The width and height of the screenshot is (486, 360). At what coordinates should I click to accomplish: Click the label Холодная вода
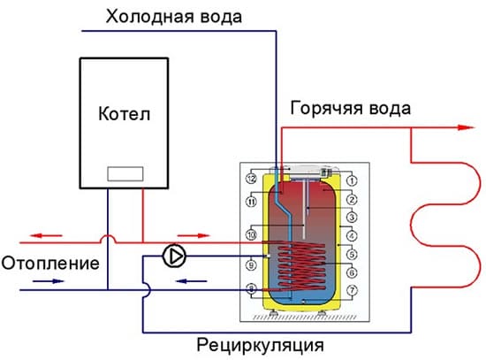[x=173, y=16]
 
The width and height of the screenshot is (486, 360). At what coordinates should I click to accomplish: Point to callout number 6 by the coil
[x=351, y=273]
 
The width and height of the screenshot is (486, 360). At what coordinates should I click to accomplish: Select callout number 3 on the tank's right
[x=351, y=218]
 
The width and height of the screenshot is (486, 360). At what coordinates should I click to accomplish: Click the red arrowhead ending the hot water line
[x=461, y=126]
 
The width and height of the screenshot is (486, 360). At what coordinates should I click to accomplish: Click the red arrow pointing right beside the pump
[x=203, y=236]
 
